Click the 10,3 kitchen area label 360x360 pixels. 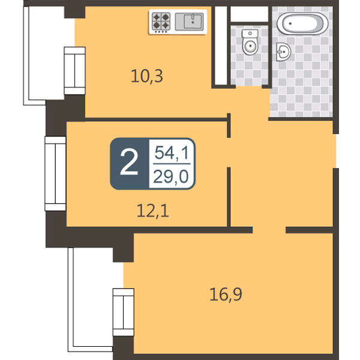tap(147, 76)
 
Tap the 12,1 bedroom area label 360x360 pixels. tap(153, 211)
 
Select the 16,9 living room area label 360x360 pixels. tap(226, 295)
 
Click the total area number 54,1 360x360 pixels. tap(172, 153)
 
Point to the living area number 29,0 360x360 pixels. tap(171, 176)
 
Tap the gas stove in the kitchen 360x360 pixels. tap(161, 22)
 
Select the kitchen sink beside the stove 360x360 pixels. tap(189, 22)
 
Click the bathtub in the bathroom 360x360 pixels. tap(302, 23)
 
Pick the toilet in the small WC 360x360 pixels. tap(250, 42)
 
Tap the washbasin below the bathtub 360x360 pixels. tap(283, 52)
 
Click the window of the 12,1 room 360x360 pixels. tap(55, 173)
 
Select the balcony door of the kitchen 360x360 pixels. tap(74, 71)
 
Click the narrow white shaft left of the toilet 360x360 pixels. tap(221, 46)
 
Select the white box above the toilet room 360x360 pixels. tap(250, 14)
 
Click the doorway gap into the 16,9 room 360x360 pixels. tap(269, 230)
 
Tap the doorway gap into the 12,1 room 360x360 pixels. tap(229, 152)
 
